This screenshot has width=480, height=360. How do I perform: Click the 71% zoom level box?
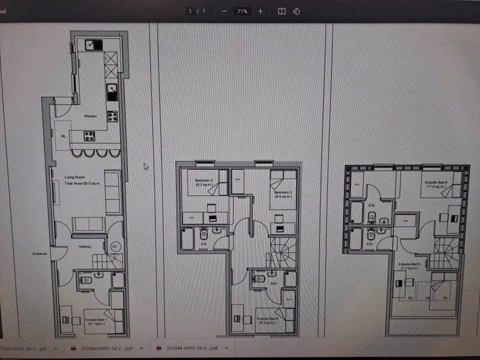coord(242,11)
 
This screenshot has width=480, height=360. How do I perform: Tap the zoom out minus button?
coord(224,11)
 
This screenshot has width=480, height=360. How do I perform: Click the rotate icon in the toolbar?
coord(296,11)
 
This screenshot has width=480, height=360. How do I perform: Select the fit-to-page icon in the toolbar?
coord(281,11)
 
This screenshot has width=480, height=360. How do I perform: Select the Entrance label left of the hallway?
coord(40,254)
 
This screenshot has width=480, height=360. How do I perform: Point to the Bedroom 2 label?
coord(205,181)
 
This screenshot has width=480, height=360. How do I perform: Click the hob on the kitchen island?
coord(89,136)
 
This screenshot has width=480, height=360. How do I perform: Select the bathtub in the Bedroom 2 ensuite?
coord(188,239)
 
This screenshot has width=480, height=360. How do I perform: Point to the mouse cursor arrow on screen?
coord(146,166)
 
